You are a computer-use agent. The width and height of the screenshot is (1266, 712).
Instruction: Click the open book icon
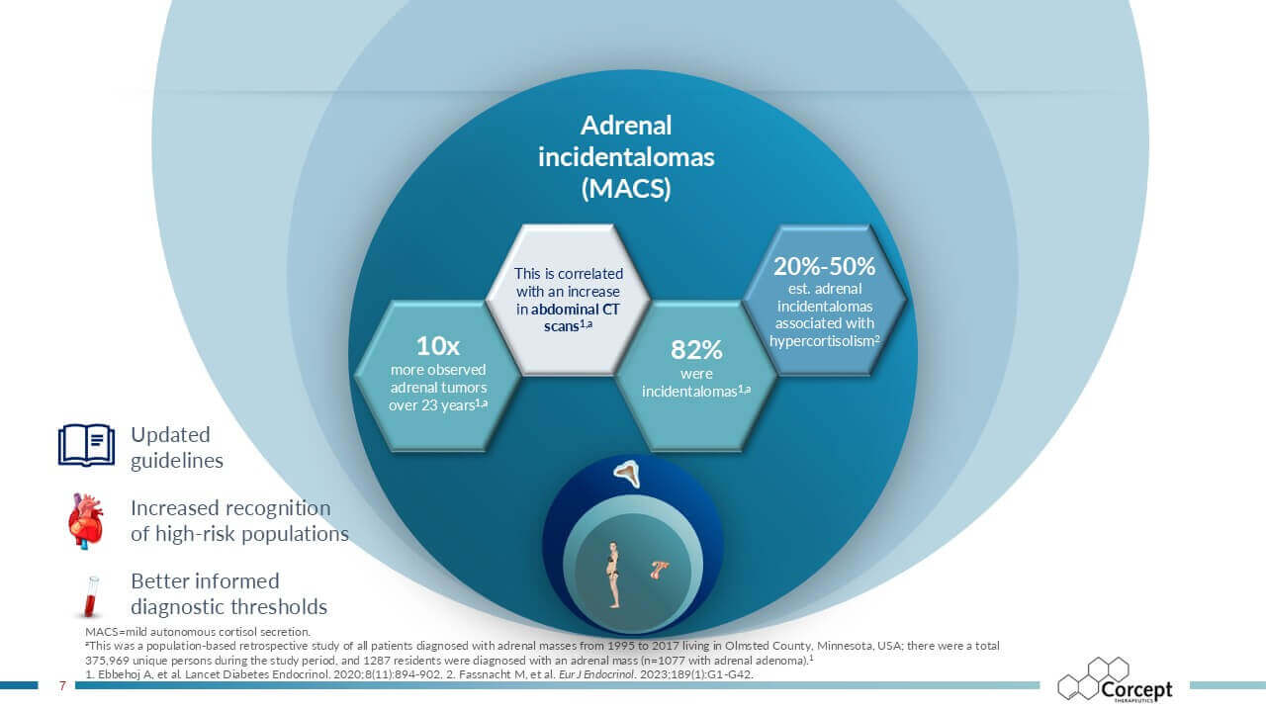86,445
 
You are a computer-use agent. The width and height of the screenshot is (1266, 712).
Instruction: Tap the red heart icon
86,521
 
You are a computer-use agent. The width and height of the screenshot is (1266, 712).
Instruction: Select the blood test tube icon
90,596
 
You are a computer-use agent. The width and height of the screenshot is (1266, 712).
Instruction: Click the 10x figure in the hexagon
438,346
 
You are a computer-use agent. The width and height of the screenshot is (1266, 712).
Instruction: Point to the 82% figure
696,350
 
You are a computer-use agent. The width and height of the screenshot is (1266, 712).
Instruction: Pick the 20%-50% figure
825,266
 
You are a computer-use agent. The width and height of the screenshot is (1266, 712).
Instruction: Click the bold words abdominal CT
575,310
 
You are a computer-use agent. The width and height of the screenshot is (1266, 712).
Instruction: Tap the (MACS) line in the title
626,188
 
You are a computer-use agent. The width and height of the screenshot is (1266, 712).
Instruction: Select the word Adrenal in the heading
626,126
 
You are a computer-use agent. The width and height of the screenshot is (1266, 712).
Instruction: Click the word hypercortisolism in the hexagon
822,341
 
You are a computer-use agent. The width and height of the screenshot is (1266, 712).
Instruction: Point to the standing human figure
613,575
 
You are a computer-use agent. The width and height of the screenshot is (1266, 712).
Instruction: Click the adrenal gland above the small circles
627,473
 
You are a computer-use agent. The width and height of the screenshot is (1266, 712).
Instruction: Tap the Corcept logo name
1136,689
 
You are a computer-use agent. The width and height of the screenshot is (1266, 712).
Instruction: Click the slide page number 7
62,685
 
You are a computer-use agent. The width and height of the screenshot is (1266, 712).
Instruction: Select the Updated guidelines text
177,447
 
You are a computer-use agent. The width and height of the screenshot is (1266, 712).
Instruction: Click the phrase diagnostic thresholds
228,607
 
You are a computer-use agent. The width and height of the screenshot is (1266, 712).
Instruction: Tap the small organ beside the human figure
659,570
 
